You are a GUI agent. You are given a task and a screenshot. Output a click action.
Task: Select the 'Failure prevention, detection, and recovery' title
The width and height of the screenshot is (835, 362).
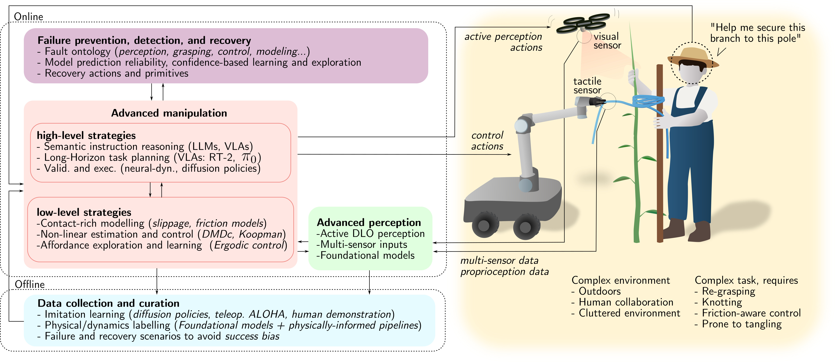click(x=144, y=41)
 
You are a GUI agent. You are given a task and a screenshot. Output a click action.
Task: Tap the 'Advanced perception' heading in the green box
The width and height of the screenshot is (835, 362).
click(x=369, y=223)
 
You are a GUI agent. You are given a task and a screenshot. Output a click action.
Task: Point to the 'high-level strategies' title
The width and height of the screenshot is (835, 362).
click(x=86, y=135)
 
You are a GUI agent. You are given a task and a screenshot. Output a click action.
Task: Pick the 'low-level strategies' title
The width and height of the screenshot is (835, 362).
click(x=84, y=212)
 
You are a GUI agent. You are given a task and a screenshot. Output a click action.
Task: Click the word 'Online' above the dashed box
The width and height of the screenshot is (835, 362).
click(x=29, y=16)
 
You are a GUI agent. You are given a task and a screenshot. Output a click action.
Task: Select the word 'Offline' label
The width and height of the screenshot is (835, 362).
click(x=30, y=284)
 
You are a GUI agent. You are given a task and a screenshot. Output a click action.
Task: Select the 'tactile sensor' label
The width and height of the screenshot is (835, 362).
click(x=587, y=86)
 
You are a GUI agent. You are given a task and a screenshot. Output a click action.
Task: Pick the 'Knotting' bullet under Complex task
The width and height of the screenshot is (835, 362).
click(x=722, y=302)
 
